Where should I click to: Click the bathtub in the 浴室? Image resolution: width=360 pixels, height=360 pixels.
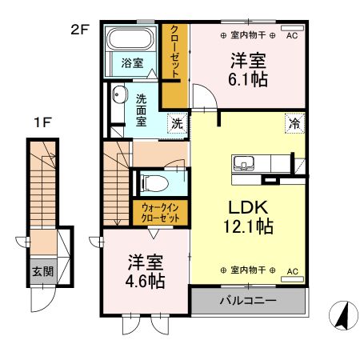(x=130, y=38)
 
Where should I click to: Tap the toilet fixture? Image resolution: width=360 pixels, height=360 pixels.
(x=154, y=183)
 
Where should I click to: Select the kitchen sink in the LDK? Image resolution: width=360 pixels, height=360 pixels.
(x=244, y=163)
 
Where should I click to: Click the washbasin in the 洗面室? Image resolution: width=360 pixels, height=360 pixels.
(x=118, y=94)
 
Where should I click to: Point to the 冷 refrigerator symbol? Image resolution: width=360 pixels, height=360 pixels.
(x=294, y=123)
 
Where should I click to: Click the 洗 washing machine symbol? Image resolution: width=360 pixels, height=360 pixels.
(x=177, y=123)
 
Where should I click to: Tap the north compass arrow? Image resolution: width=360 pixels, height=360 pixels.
(x=343, y=316)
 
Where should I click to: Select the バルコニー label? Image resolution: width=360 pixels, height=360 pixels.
(x=248, y=301)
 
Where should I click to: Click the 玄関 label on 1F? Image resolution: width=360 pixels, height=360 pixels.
(x=42, y=271)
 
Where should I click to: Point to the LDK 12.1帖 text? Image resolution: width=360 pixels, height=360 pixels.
(x=248, y=217)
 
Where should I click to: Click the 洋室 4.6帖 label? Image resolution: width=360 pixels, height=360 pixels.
(x=146, y=271)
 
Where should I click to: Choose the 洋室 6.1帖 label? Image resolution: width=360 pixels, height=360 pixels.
(x=248, y=70)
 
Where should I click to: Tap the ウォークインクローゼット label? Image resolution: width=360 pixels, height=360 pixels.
(x=160, y=213)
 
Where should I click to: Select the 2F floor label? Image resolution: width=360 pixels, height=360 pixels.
(x=80, y=30)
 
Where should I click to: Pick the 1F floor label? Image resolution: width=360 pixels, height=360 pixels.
(x=42, y=122)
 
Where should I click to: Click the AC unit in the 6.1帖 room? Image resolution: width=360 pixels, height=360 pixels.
(x=293, y=28)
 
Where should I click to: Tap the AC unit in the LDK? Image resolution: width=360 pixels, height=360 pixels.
(x=293, y=279)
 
